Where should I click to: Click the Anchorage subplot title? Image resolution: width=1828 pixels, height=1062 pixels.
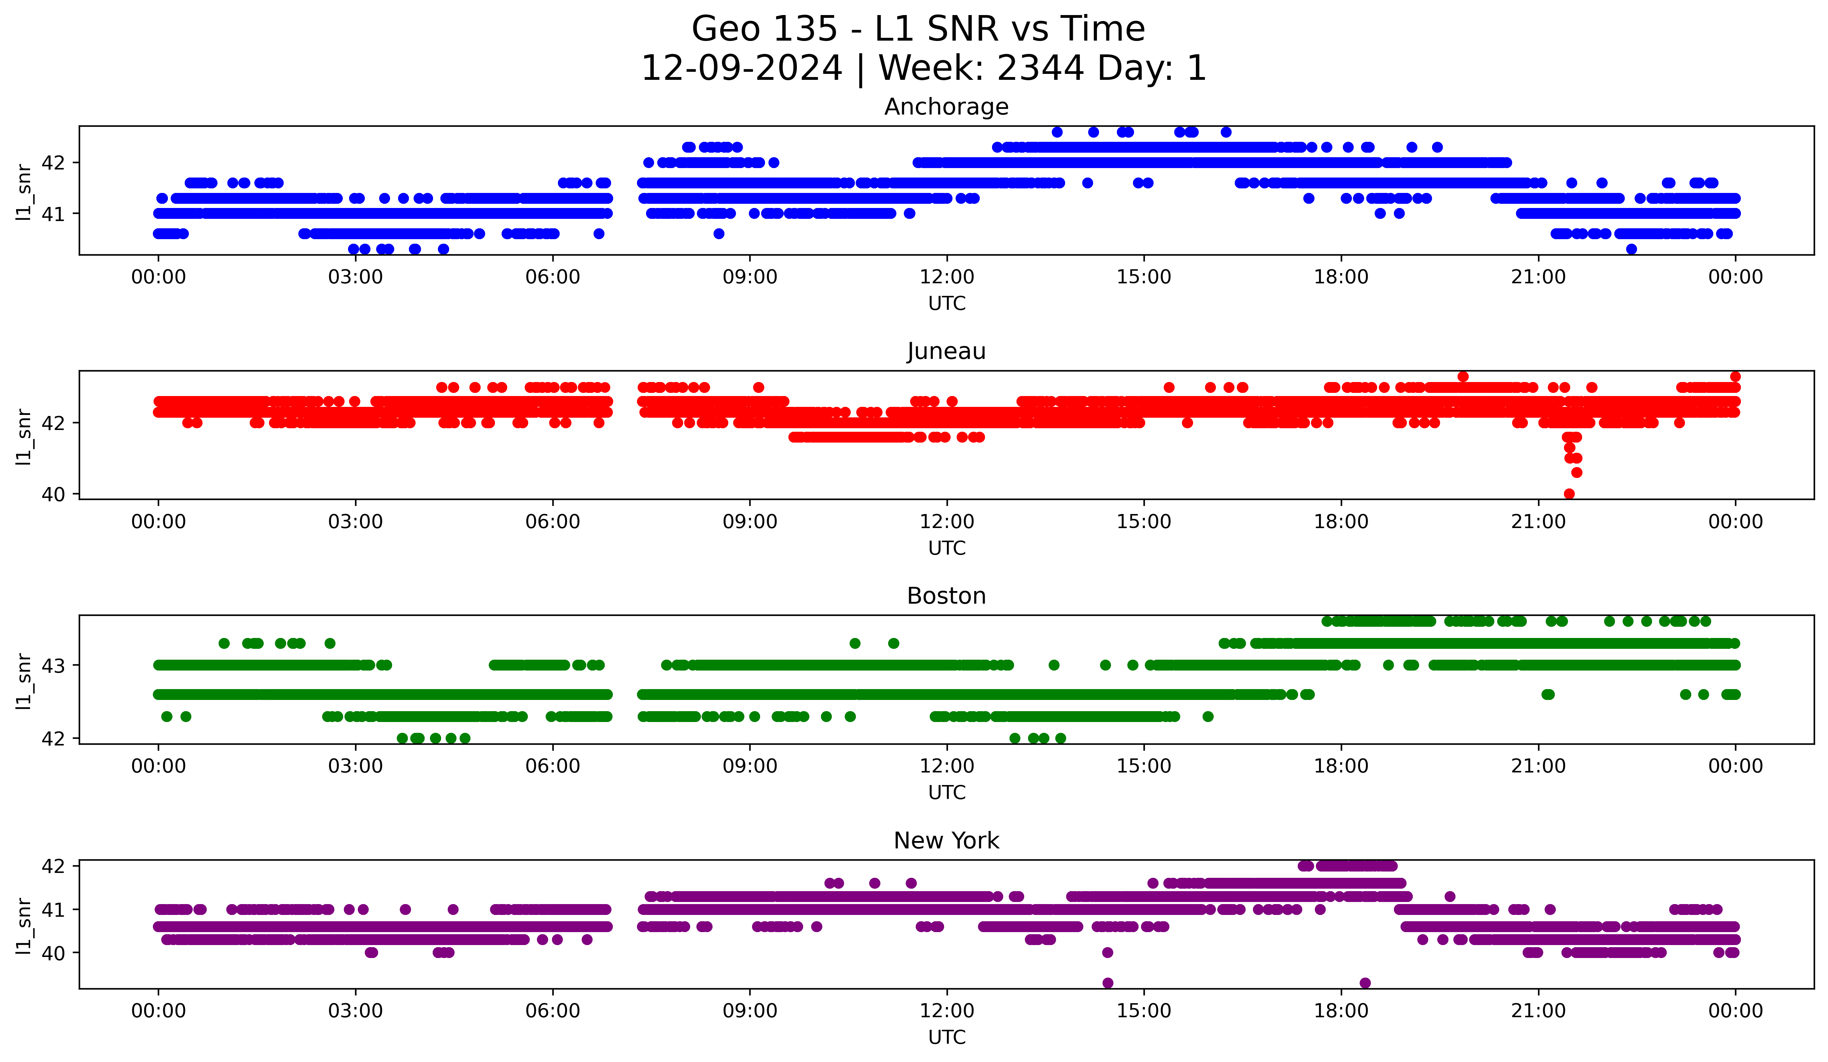tap(946, 107)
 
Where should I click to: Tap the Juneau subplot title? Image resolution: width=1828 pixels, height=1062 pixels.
tap(946, 351)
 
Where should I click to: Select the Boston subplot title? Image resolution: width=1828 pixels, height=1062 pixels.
tap(946, 596)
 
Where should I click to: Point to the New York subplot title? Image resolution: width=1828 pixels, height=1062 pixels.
tap(946, 841)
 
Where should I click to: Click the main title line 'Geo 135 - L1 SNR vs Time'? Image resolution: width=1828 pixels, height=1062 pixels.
tap(917, 29)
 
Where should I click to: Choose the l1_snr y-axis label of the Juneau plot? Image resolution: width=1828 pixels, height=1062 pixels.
tap(24, 436)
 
